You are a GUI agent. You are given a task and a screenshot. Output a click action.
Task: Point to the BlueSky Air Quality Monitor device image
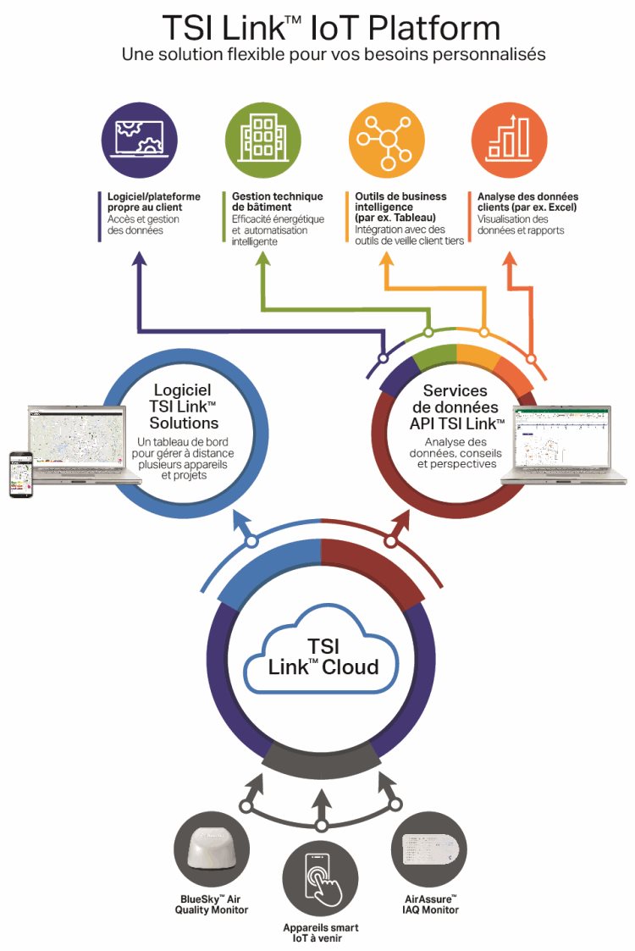point(212,848)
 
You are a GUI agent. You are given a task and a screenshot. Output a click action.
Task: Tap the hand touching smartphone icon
point(320,881)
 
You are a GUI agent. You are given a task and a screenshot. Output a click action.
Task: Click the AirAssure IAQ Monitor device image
point(429,848)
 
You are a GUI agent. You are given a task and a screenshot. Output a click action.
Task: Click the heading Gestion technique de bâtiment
point(277,202)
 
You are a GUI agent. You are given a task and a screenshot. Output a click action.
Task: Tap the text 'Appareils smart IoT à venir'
point(320,932)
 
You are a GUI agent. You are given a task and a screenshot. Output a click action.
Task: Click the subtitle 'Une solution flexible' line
point(334,54)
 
